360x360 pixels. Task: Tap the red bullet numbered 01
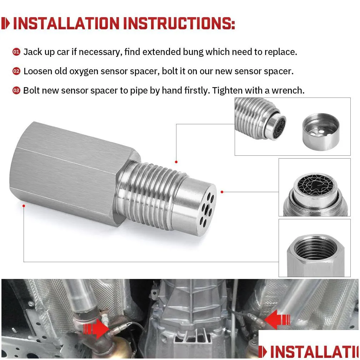point(16,52)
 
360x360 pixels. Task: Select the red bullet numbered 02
point(16,71)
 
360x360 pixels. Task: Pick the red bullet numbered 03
point(16,90)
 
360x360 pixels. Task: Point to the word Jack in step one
point(31,52)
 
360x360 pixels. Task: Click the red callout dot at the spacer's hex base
point(24,205)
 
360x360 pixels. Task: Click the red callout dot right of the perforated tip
point(222,192)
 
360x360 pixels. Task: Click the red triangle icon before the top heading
point(6,24)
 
